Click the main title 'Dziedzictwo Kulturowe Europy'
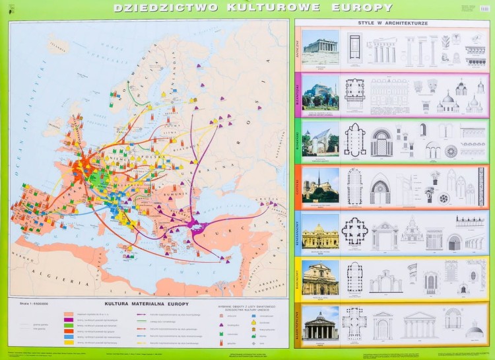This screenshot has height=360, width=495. tap(253, 8)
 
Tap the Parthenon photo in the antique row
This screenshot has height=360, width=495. tap(320, 47)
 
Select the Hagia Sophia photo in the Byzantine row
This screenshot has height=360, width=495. tap(320, 92)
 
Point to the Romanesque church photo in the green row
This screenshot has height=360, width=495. tap(320, 139)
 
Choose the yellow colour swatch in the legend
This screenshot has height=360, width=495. tap(69, 342)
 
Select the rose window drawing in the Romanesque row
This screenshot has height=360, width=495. tap(451, 151)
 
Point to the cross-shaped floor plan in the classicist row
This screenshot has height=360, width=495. tap(354, 324)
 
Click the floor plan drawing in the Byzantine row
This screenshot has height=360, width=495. tap(354, 93)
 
